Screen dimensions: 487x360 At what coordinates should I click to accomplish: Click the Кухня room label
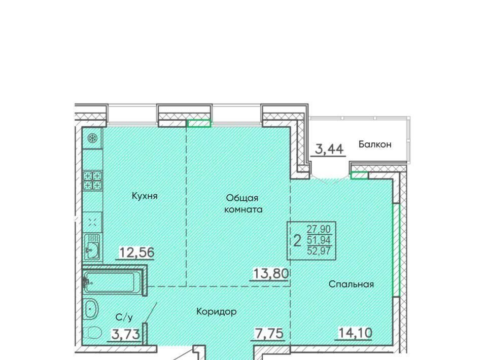[x=145, y=196]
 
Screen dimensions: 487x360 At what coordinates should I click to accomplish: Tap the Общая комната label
[x=243, y=204]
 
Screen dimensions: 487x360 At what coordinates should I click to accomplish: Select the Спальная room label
[x=351, y=284]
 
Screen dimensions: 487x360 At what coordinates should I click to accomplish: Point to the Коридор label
[x=217, y=311]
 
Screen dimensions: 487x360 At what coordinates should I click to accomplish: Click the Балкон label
[x=375, y=144]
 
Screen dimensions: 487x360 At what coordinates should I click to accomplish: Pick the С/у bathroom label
[x=124, y=317]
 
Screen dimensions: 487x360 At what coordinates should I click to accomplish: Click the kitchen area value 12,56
[x=136, y=253]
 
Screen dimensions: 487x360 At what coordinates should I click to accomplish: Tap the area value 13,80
[x=271, y=273]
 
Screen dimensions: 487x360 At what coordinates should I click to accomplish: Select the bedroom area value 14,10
[x=355, y=333]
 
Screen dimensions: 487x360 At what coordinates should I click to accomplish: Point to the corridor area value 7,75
[x=269, y=334]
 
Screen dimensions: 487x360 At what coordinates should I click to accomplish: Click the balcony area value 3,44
[x=329, y=149]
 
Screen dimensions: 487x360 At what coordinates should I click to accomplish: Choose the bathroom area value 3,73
[x=125, y=335]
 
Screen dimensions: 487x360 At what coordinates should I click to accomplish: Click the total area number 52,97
[x=319, y=250]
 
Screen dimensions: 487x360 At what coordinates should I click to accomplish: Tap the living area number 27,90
[x=319, y=229]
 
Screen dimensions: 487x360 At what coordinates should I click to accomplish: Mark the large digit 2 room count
[x=298, y=240]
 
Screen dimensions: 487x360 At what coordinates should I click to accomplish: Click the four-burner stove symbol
[x=92, y=181]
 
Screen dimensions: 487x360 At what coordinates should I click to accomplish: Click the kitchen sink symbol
[x=92, y=247]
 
